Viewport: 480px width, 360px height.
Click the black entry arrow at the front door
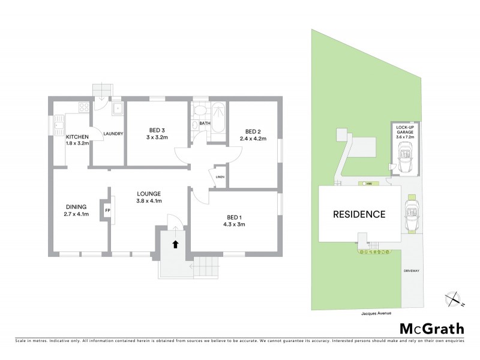coord(175,244)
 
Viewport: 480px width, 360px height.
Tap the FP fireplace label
coord(107,211)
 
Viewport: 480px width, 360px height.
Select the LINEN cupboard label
coord(220,176)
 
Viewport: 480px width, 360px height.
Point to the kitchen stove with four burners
coord(83,109)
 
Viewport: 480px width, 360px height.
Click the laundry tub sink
coord(118,109)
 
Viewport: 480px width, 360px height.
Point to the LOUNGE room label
coord(149,194)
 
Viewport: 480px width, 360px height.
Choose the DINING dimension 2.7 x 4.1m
coord(77,214)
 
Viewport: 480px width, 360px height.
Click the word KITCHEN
coord(77,137)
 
